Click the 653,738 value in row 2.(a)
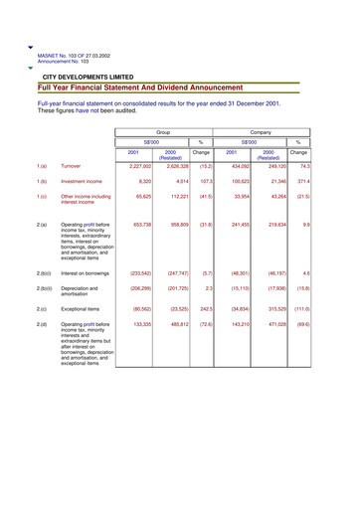(x=140, y=226)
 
